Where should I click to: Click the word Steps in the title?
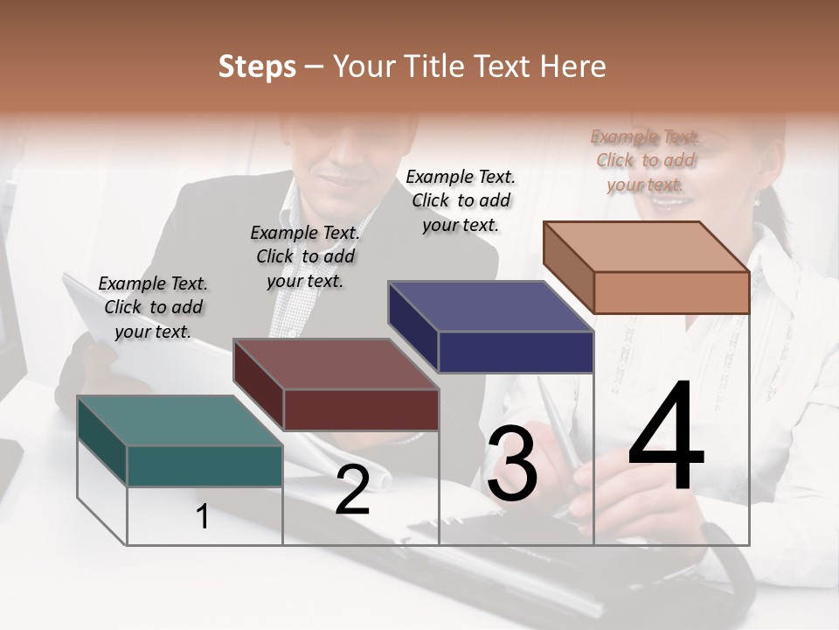click(x=256, y=66)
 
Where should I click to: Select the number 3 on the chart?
click(x=511, y=464)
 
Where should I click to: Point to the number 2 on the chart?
click(x=352, y=491)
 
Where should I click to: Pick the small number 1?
click(x=203, y=517)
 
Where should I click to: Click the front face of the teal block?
click(x=205, y=465)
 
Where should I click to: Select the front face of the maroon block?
click(x=361, y=409)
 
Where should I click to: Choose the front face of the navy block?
click(x=516, y=352)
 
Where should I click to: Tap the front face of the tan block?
click(x=671, y=292)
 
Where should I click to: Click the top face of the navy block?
click(x=489, y=306)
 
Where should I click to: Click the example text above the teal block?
click(x=153, y=307)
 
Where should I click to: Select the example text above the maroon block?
click(x=305, y=256)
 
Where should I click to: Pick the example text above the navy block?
click(x=461, y=200)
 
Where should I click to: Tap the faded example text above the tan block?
click(x=645, y=160)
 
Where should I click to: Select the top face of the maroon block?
click(x=335, y=364)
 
